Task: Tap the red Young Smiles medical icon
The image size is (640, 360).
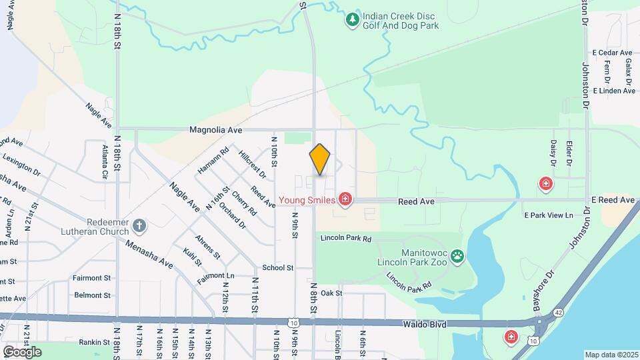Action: pos(345,199)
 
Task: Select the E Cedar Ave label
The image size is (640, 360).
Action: pos(611,53)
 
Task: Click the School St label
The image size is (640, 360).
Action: pos(278,267)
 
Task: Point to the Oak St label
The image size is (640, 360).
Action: pos(331,293)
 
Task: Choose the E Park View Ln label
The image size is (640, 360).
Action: pos(548,215)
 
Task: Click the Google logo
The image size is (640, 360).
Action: pos(22,351)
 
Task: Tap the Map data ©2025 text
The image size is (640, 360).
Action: pos(611,355)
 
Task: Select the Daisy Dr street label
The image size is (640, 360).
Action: pos(553,153)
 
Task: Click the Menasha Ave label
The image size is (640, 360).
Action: pos(149,254)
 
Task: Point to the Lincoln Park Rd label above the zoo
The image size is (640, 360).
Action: pos(345,237)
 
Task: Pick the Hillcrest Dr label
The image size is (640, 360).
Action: pos(252,164)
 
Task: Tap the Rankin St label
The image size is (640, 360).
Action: pos(93,343)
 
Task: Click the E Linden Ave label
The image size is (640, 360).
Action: pos(613,91)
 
